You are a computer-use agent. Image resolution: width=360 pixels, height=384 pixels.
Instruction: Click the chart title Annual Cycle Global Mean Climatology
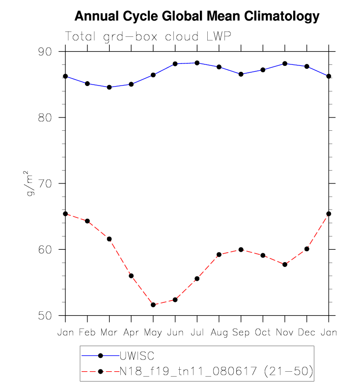[196, 17]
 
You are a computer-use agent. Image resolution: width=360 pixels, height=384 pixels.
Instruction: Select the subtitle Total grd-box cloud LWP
[148, 36]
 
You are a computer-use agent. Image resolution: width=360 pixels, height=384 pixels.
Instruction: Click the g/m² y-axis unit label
[31, 183]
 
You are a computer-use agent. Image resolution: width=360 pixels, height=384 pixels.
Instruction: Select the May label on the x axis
[153, 333]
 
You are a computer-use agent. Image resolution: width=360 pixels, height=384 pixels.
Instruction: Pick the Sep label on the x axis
[241, 333]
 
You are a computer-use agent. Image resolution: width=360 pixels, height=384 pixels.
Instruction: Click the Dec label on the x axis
[306, 333]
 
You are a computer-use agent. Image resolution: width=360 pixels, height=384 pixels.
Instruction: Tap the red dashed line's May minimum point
[153, 305]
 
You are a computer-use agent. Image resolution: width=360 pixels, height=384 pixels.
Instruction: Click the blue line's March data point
[110, 87]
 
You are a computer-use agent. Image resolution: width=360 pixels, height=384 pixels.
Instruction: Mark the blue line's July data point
[197, 63]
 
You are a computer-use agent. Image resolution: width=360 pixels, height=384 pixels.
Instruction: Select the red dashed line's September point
[241, 249]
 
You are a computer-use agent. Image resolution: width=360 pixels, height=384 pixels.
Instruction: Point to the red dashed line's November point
[285, 265]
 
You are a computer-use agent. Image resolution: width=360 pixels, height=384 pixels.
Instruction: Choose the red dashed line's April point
[131, 276]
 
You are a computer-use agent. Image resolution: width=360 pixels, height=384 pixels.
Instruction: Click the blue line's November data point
[285, 63]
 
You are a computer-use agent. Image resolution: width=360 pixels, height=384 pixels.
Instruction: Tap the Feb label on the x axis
[87, 333]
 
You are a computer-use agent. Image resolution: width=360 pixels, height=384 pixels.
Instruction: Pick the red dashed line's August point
[219, 255]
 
